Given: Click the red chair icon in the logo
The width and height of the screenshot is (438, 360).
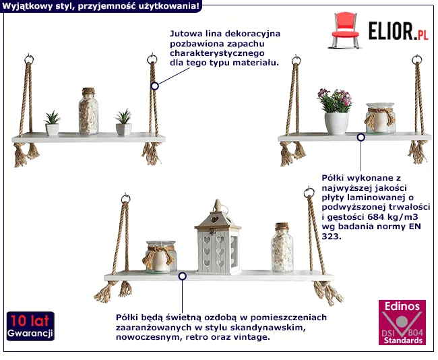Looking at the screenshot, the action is pyautogui.click(x=345, y=30).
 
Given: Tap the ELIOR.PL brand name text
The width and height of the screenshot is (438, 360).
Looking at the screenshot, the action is pyautogui.click(x=398, y=31).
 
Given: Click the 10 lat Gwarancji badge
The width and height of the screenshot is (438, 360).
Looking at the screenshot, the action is pyautogui.click(x=30, y=326).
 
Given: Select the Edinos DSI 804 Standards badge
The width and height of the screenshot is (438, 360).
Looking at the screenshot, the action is pyautogui.click(x=402, y=322).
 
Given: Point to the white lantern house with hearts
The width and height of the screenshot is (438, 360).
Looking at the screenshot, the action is pyautogui.click(x=218, y=237).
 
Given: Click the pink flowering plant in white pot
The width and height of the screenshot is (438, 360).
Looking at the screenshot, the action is pyautogui.click(x=335, y=111).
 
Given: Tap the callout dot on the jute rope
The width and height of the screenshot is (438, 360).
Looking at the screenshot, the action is pyautogui.click(x=154, y=86).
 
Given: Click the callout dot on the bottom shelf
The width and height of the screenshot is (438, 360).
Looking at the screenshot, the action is pyautogui.click(x=183, y=276).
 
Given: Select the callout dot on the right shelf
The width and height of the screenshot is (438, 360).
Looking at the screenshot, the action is pyautogui.click(x=361, y=138).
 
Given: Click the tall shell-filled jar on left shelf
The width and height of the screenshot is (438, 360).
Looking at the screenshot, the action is pyautogui.click(x=88, y=111).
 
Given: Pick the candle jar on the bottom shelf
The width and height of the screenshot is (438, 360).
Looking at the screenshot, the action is pyautogui.click(x=160, y=257).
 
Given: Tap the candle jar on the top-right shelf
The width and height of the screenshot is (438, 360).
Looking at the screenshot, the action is pyautogui.click(x=380, y=118).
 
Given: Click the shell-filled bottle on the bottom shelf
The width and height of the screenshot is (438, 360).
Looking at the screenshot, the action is pyautogui.click(x=282, y=247).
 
